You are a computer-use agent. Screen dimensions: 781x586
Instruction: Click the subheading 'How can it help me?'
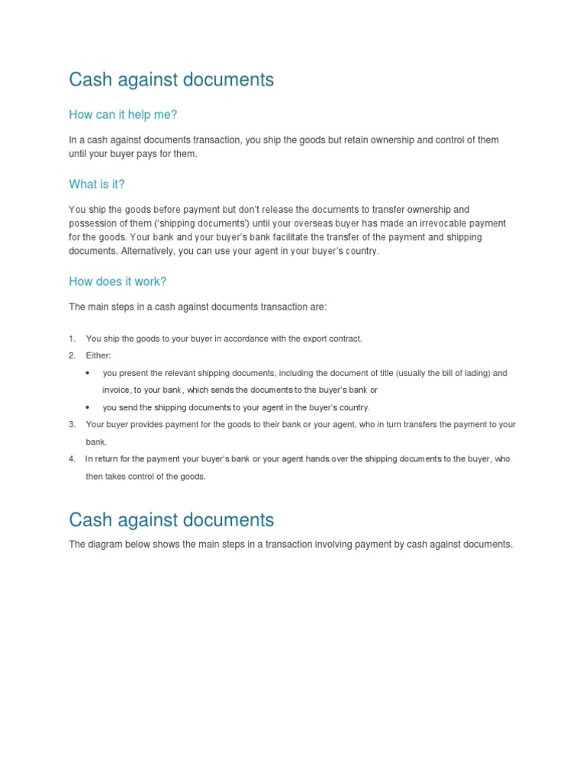pyautogui.click(x=123, y=114)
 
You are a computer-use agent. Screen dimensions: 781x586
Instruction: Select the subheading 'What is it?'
pyautogui.click(x=97, y=184)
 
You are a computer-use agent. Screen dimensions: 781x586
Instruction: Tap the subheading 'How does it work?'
pyautogui.click(x=118, y=281)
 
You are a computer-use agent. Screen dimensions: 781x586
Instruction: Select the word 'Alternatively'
pyautogui.click(x=148, y=250)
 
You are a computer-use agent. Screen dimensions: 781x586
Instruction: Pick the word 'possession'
pyautogui.click(x=95, y=223)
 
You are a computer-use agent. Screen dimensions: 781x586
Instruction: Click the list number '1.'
pyautogui.click(x=72, y=338)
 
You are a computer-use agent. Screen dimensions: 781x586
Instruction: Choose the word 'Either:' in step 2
pyautogui.click(x=98, y=355)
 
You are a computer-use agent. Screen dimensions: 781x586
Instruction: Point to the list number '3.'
pyautogui.click(x=72, y=424)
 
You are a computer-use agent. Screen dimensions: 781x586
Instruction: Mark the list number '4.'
pyautogui.click(x=72, y=459)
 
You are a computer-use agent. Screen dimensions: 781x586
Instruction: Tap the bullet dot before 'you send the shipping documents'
pyautogui.click(x=89, y=407)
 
